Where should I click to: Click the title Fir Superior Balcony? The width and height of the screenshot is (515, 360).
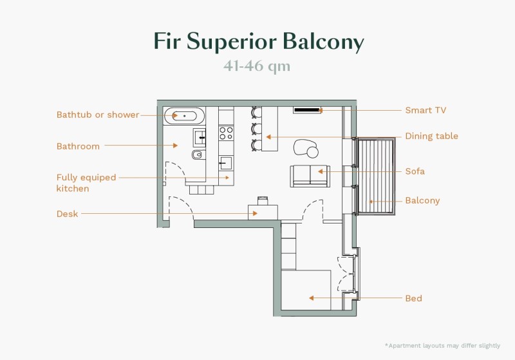point(258,41)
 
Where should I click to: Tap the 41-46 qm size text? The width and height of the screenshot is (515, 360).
point(257,66)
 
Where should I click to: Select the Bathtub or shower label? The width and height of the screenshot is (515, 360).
point(98,115)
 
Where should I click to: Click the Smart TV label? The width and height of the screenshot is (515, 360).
point(425,111)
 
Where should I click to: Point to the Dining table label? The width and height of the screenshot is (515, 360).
point(431,137)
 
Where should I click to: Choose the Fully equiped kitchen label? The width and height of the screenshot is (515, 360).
point(86,183)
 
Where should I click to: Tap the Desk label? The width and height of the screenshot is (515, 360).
point(67,214)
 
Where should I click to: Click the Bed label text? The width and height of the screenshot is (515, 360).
point(413,299)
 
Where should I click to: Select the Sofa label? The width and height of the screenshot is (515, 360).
point(415,172)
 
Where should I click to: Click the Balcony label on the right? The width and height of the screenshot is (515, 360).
point(422,201)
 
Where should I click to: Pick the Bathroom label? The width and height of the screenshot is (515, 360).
point(78,147)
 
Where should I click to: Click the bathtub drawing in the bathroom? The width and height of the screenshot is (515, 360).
point(185,116)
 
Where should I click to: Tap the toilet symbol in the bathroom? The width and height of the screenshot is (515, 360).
point(197,155)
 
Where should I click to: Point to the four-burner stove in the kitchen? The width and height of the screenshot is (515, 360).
point(226,133)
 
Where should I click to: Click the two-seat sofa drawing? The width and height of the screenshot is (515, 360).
point(310,175)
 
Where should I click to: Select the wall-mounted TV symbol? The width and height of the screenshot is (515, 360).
point(306,110)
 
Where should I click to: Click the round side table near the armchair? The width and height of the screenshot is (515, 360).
point(312,153)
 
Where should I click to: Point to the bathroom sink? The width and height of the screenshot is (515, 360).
point(200,136)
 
